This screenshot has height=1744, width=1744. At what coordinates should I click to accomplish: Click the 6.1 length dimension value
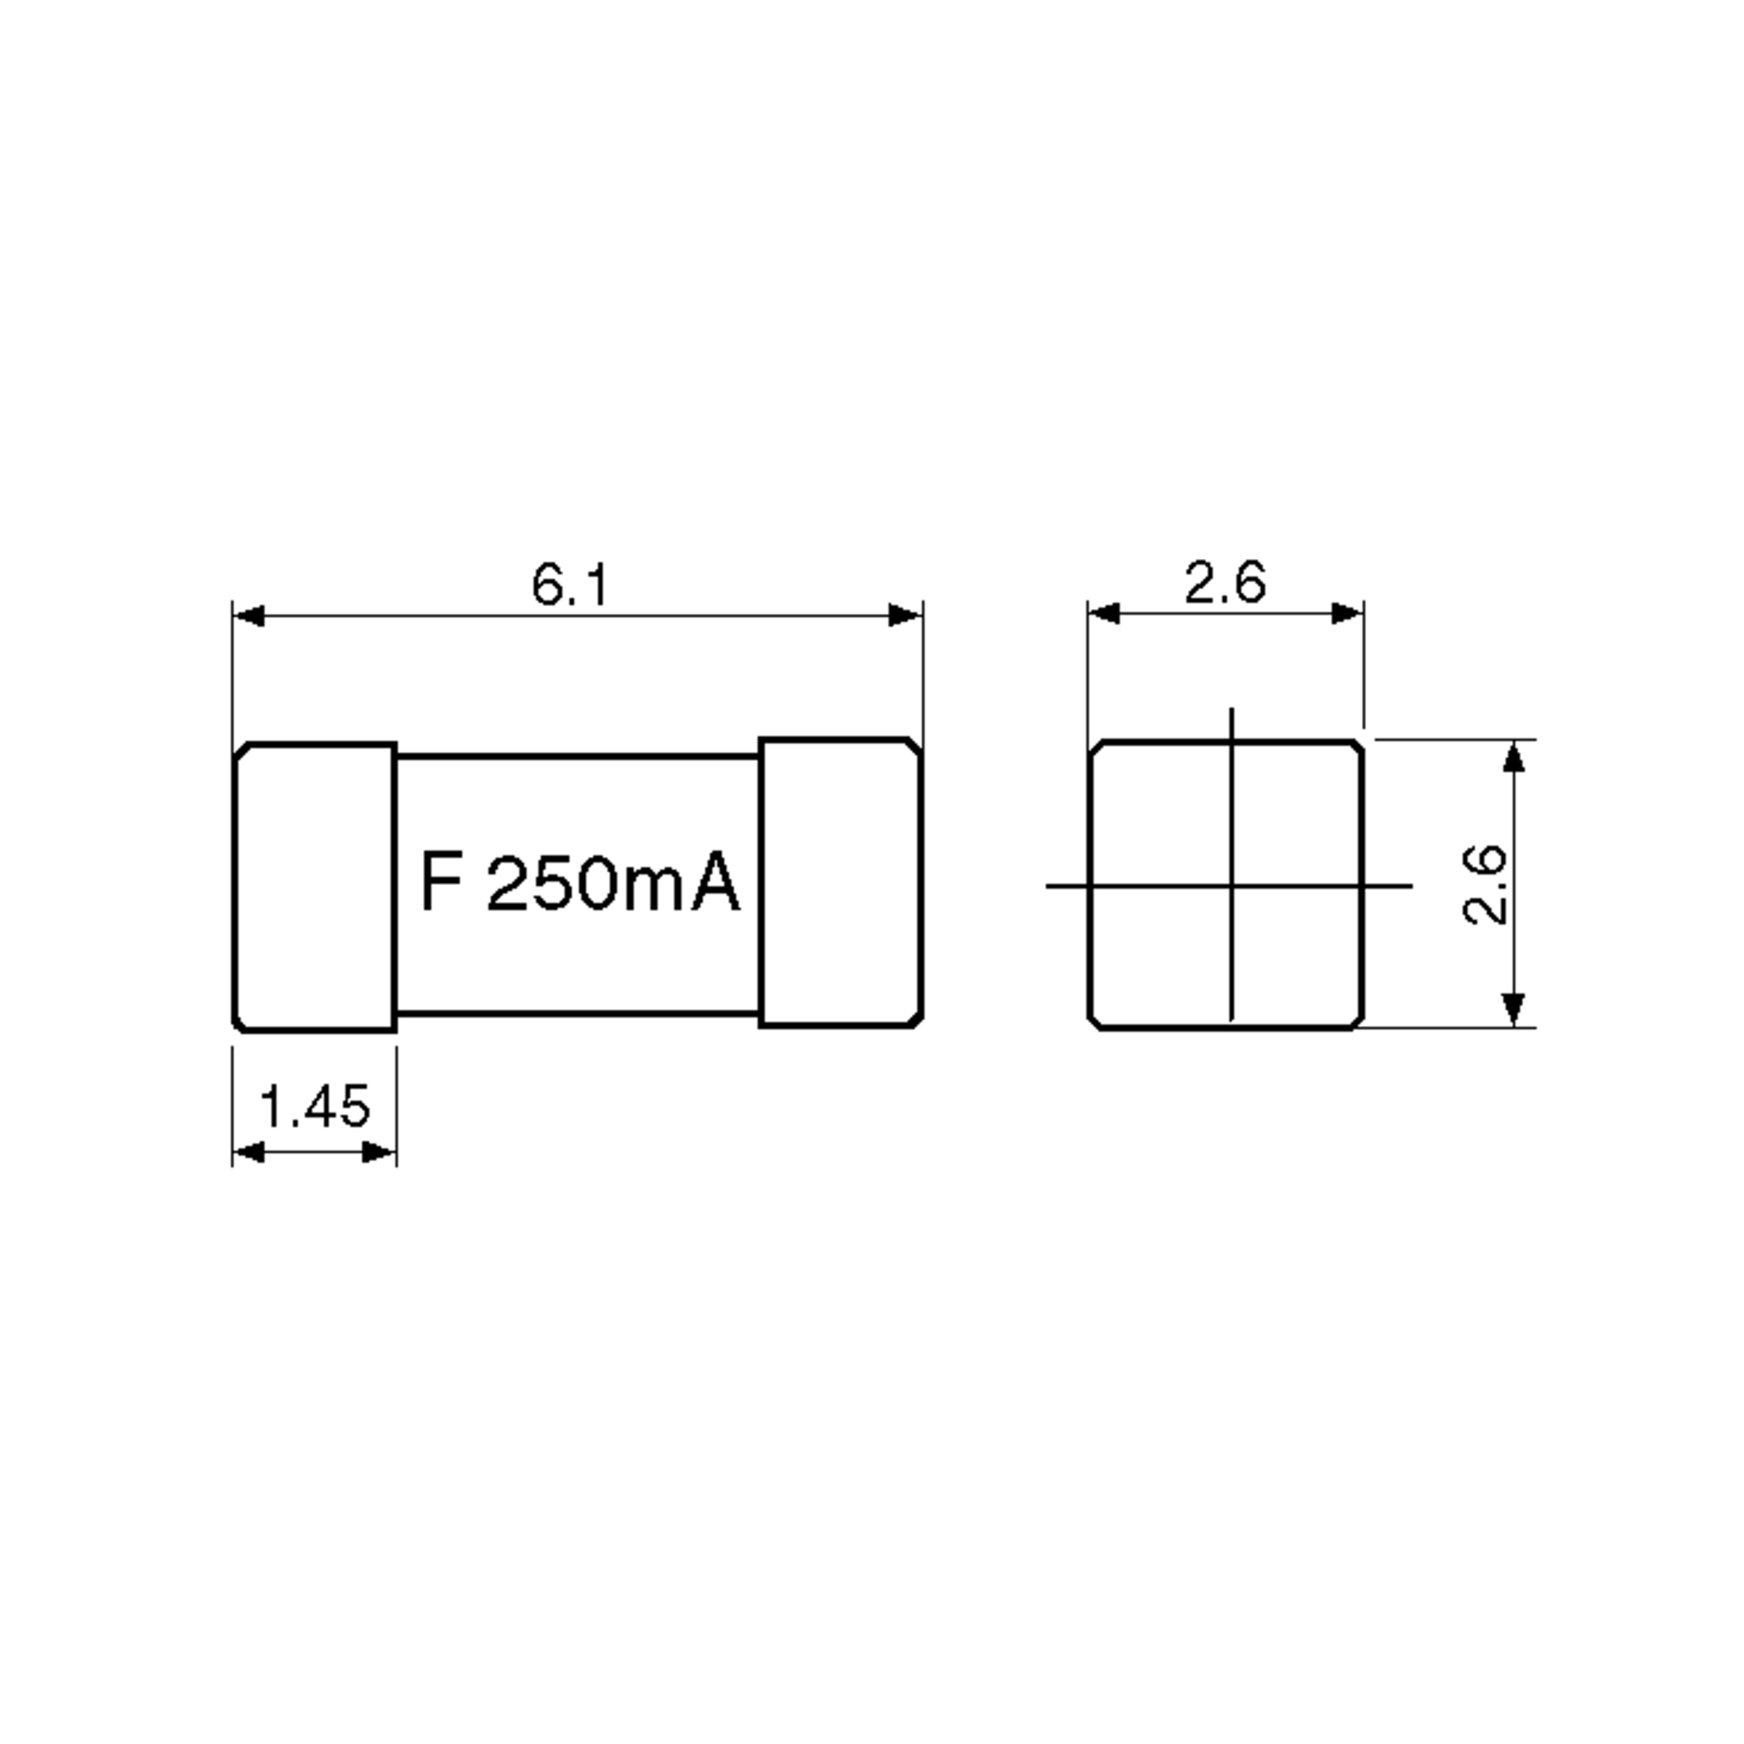click(570, 585)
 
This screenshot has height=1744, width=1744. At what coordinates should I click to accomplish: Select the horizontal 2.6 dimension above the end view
click(1225, 582)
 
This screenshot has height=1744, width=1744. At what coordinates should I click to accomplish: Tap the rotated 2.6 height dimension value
click(1483, 884)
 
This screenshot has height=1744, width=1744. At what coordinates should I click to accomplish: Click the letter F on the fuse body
click(441, 882)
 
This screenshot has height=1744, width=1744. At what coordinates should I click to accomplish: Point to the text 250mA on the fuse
click(614, 883)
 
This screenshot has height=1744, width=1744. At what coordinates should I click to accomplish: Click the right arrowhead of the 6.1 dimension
click(905, 615)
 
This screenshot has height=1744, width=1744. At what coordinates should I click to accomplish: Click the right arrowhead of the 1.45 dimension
click(378, 1152)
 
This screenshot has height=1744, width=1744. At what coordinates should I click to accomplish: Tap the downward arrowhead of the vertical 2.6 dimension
click(1514, 1009)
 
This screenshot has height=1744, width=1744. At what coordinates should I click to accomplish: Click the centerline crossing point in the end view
click(1231, 886)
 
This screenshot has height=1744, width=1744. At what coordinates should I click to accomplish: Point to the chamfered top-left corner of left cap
click(242, 752)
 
